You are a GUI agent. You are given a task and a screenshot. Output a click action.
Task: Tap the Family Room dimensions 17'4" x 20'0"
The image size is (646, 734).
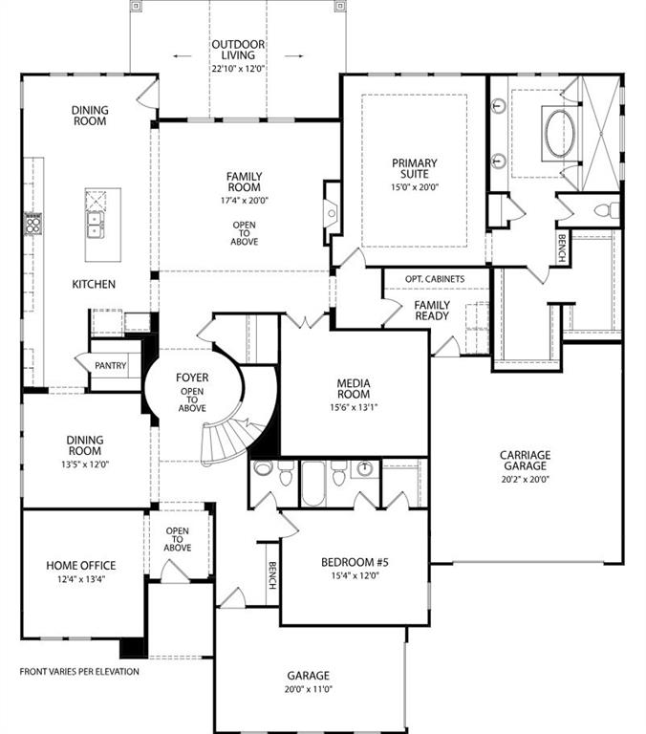point(245,202)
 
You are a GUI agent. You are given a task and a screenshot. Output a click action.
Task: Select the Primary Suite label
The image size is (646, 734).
point(414,169)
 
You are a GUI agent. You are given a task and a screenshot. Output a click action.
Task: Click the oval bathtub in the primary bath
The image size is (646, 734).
point(560,133)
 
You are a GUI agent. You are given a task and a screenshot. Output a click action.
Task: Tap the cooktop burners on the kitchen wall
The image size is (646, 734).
point(32,225)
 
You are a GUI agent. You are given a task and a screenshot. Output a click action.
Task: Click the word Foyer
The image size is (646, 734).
point(192,378)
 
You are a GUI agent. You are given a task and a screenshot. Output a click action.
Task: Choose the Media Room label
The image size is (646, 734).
point(353,390)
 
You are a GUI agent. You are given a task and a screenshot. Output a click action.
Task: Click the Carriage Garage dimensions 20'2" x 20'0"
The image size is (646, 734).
point(524,480)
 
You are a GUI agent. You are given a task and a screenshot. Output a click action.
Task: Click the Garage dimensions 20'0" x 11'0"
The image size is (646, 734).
point(307,688)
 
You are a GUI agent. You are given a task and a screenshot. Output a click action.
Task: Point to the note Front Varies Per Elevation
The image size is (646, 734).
point(79,672)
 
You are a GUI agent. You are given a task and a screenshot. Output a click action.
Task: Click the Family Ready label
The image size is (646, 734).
point(432,311)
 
